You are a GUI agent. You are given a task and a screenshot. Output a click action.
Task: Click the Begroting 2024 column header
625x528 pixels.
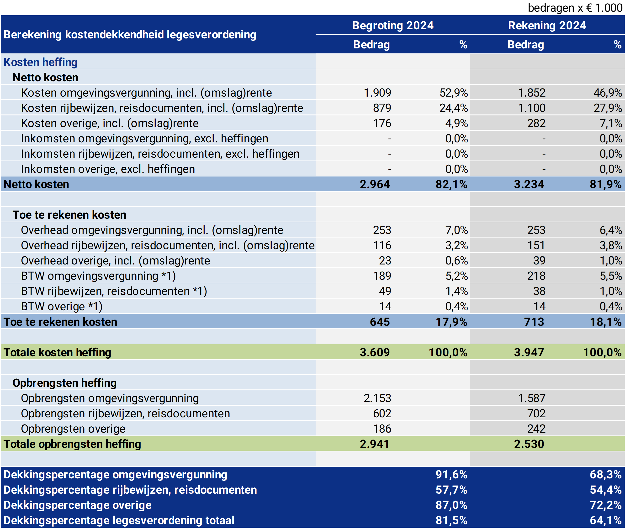(x=392, y=26)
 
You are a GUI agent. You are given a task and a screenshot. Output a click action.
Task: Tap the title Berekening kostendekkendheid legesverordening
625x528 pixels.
(x=130, y=34)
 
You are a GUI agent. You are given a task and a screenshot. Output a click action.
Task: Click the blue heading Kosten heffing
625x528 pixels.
(x=40, y=62)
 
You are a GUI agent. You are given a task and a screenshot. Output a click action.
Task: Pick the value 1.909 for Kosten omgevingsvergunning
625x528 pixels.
(x=377, y=93)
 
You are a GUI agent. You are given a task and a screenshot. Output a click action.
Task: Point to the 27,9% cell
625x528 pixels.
(x=608, y=108)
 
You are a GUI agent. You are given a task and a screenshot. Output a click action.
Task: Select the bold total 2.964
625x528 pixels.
(x=375, y=184)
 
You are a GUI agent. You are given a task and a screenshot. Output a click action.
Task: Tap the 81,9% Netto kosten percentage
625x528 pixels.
(x=605, y=184)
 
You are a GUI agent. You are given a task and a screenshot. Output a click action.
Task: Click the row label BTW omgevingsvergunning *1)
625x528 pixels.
(x=98, y=276)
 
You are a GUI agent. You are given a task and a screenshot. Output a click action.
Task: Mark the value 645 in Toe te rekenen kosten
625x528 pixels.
(x=380, y=322)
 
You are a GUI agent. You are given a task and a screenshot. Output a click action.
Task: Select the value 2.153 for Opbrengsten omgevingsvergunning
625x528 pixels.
(x=377, y=399)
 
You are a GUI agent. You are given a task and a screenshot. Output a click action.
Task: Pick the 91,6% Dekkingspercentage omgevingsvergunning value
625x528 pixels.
(x=451, y=475)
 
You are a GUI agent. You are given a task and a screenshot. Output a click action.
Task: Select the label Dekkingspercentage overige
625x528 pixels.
(x=77, y=505)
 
